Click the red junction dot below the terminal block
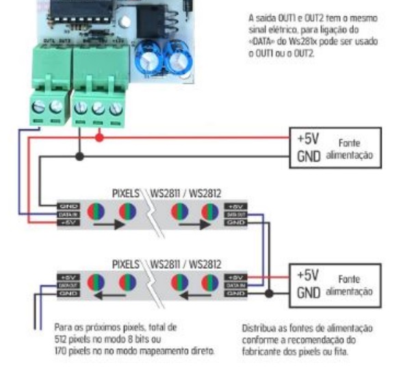click(x=99, y=137)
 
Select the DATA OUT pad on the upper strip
click(x=234, y=213)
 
